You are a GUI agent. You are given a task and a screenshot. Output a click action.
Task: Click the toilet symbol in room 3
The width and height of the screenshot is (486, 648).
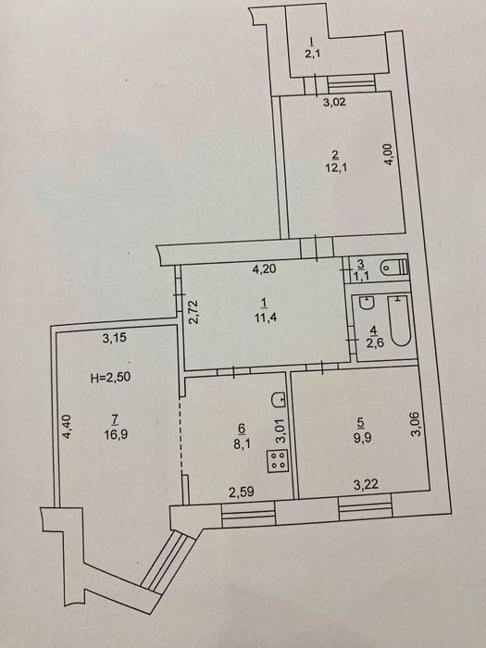coord(395,267)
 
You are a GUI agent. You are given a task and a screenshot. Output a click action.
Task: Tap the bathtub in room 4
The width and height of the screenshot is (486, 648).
coord(400,320)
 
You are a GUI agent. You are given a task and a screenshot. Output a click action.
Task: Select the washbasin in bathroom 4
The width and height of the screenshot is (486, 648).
coord(367,303)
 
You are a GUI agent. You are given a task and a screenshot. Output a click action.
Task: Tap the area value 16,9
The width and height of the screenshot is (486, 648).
coord(116,435)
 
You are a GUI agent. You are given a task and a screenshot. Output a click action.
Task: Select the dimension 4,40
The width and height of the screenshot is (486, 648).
coord(67,427)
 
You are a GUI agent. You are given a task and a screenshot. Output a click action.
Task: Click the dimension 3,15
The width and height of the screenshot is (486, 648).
coord(115,338)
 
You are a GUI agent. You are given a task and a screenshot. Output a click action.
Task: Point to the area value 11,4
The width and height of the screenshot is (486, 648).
coord(265,318)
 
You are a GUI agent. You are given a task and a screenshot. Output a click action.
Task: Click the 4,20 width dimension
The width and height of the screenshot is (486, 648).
coord(265,269)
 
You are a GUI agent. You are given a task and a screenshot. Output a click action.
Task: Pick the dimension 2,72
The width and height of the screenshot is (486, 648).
coord(193,312)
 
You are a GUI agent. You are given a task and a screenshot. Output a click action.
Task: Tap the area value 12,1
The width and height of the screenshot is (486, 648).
coord(335,168)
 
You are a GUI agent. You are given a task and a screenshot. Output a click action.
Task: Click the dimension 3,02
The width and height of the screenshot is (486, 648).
coord(334,102)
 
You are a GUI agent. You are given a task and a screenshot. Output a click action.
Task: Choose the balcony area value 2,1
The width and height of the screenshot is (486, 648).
coord(313,54)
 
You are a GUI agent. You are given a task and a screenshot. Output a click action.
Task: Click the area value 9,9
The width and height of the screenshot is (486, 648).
coord(362,437)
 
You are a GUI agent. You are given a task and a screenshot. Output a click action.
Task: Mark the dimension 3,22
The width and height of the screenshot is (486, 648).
coord(366,484)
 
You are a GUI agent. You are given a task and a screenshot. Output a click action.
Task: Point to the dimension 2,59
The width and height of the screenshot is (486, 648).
coord(242,492)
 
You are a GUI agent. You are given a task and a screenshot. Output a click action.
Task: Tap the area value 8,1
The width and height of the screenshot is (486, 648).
coord(243,443)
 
